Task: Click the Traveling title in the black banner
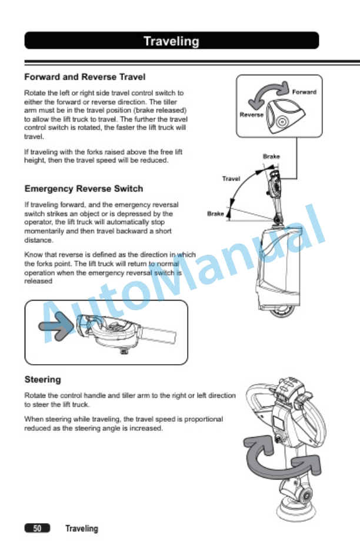171,41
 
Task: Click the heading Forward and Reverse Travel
85,77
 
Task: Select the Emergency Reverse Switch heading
84,189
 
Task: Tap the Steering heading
42,379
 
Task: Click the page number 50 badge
37,528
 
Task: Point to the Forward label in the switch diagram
304,92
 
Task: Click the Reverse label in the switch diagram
251,115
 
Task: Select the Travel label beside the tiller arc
231,179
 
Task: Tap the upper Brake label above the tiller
271,157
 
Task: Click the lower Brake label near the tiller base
216,214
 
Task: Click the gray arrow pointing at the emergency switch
56,326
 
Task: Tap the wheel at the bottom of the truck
283,311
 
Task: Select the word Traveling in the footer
82,529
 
